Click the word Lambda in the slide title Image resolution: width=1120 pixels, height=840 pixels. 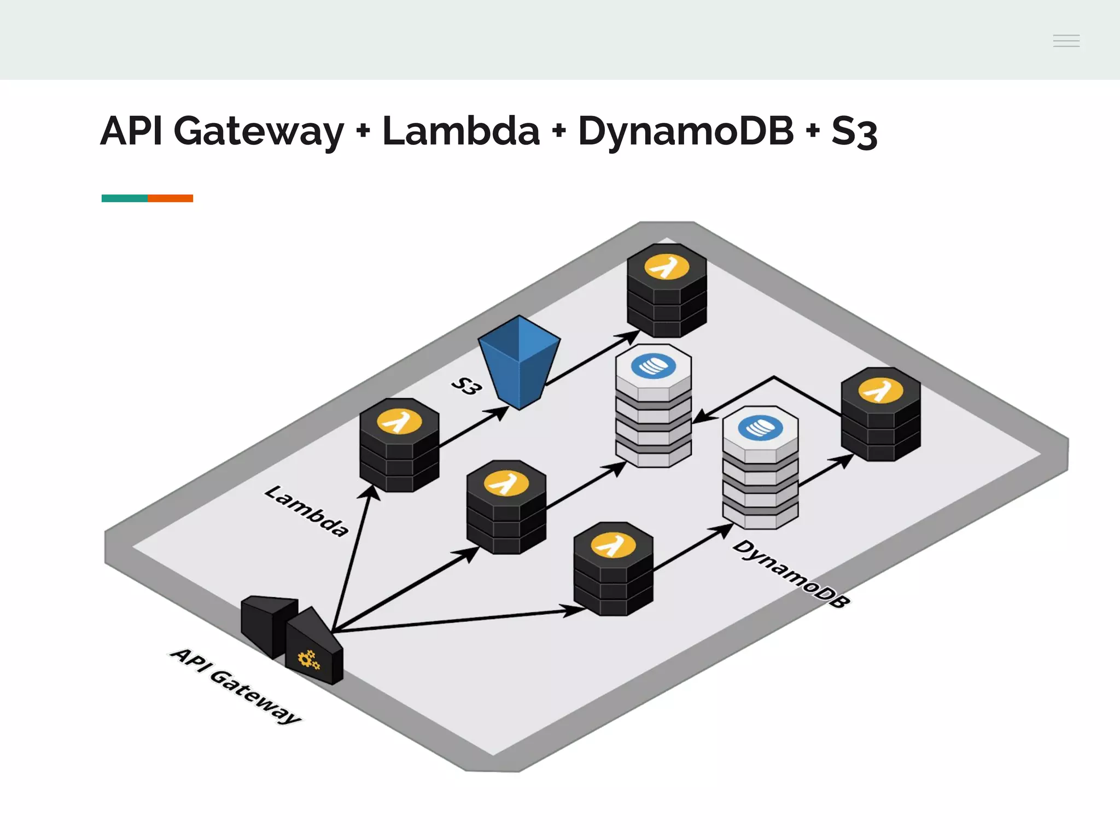[x=460, y=131]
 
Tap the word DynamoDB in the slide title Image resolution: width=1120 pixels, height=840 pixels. [x=685, y=131]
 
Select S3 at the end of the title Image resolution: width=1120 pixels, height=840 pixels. [x=854, y=132]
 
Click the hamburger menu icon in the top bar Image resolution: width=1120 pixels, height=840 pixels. [x=1066, y=40]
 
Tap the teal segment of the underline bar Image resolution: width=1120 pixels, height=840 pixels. [x=124, y=198]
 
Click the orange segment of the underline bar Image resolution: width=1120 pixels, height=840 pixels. [x=170, y=198]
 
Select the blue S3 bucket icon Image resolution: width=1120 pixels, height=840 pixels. [x=519, y=361]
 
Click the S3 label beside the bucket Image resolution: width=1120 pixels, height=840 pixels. [x=466, y=386]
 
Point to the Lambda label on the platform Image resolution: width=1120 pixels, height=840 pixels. [x=306, y=511]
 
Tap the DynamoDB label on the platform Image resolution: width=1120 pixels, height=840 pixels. [x=791, y=574]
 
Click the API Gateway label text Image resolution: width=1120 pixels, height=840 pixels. [x=236, y=685]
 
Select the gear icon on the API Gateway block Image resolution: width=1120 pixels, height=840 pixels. [x=308, y=660]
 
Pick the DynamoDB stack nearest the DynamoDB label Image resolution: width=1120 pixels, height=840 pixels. [x=760, y=468]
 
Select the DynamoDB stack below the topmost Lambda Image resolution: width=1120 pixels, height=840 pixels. [x=654, y=406]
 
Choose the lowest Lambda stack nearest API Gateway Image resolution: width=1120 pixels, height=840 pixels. [x=613, y=569]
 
